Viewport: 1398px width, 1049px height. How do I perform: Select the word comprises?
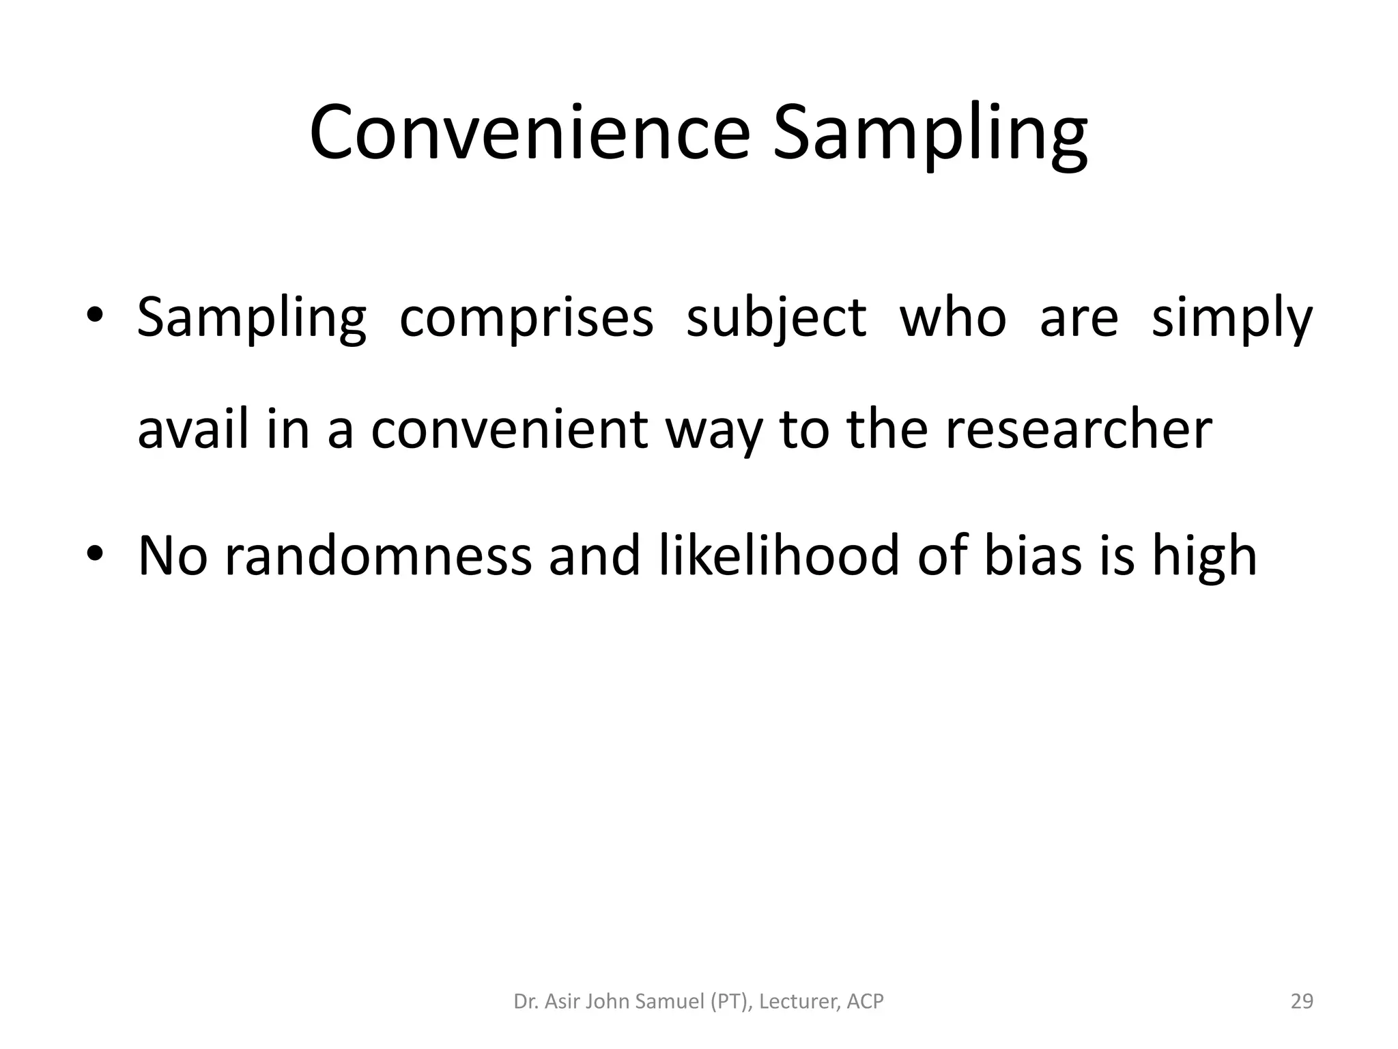tap(526, 319)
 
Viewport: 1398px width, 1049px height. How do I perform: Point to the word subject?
tap(775, 319)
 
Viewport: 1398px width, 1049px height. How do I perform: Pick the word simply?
tap(1231, 319)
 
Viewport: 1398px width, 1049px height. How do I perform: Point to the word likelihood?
tap(779, 555)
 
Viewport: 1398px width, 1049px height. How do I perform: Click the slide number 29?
tap(1302, 1002)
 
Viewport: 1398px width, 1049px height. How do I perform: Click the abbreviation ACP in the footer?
tap(865, 1002)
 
